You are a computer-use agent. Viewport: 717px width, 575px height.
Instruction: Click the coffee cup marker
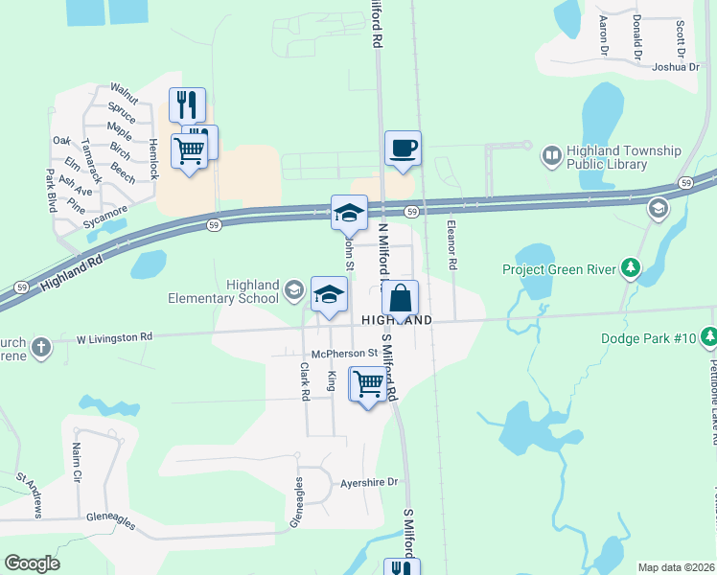click(x=404, y=149)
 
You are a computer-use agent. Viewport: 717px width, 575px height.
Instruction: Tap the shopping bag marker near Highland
click(x=403, y=297)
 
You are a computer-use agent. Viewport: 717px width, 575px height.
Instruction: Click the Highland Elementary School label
click(x=252, y=291)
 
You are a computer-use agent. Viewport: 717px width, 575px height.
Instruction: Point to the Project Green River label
click(x=559, y=269)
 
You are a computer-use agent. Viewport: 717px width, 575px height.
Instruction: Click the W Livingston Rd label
click(x=114, y=337)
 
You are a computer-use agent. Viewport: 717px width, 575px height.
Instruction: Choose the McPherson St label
click(x=332, y=352)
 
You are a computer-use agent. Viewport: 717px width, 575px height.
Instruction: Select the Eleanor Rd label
click(x=451, y=243)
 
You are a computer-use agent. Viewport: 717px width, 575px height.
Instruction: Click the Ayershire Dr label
click(x=369, y=483)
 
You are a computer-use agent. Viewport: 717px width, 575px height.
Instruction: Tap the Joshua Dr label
click(x=676, y=67)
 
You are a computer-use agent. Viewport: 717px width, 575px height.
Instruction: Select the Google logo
click(x=32, y=563)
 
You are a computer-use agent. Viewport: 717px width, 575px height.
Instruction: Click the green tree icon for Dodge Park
click(x=708, y=336)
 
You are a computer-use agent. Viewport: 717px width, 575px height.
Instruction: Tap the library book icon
click(x=552, y=154)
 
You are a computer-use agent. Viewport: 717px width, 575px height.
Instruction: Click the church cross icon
click(x=40, y=348)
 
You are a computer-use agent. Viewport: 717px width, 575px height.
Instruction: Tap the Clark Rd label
click(x=305, y=380)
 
